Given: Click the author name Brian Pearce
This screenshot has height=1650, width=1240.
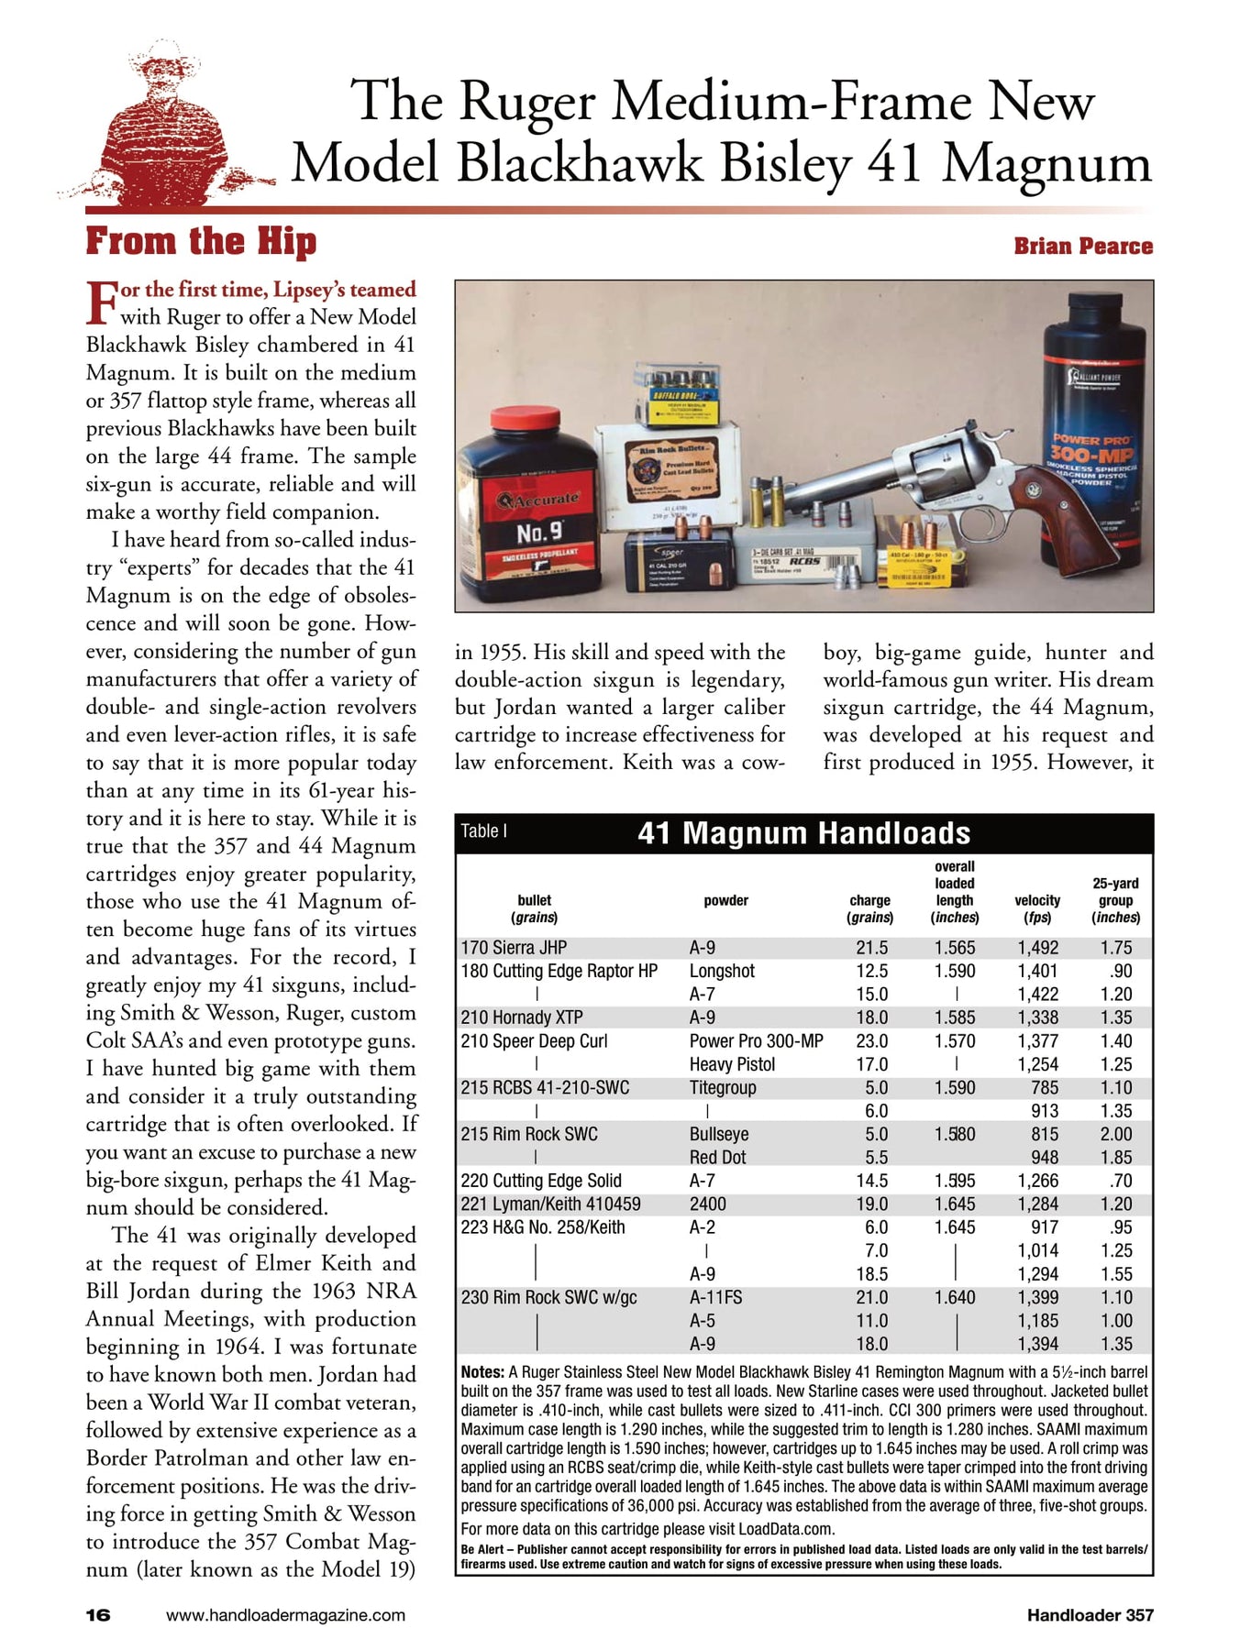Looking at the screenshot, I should [x=1082, y=246].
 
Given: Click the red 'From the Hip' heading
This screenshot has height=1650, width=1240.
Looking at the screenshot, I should [x=201, y=242].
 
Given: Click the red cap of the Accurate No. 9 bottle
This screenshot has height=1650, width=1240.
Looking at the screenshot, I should [x=525, y=421].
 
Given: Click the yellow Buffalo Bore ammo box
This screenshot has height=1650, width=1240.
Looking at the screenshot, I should [x=678, y=394].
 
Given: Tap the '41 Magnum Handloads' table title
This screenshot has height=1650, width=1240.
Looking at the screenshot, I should [x=803, y=833].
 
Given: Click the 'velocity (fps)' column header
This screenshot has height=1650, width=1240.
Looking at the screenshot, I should [x=1037, y=908].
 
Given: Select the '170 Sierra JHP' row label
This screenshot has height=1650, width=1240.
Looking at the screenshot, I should [x=514, y=948].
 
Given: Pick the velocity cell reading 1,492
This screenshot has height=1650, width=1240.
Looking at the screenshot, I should [x=1037, y=948].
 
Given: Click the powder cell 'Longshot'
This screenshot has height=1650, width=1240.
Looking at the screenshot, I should [x=722, y=971].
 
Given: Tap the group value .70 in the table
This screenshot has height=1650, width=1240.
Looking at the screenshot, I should [x=1120, y=1181].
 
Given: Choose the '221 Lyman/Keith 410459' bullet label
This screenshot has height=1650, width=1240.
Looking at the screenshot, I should [x=550, y=1204].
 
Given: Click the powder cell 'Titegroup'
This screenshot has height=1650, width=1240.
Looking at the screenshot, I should [x=723, y=1087].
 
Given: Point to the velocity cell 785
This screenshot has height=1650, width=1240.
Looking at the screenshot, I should [x=1044, y=1087].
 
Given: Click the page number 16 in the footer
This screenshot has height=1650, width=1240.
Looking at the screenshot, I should [x=98, y=1615].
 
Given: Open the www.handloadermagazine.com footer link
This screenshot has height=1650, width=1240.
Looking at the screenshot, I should [x=285, y=1615].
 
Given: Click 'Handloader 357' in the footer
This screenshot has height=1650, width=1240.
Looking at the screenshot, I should [x=1090, y=1615].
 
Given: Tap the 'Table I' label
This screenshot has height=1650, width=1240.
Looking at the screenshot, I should [x=483, y=831].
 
